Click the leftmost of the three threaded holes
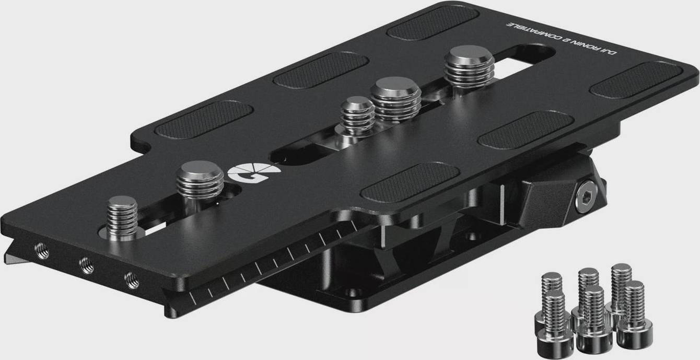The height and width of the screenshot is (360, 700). [x=42, y=251]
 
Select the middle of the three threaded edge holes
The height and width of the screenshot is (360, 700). [x=87, y=265]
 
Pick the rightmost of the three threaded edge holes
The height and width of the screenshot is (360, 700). [x=132, y=280]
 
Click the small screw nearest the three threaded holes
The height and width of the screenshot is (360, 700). [x=122, y=218]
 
